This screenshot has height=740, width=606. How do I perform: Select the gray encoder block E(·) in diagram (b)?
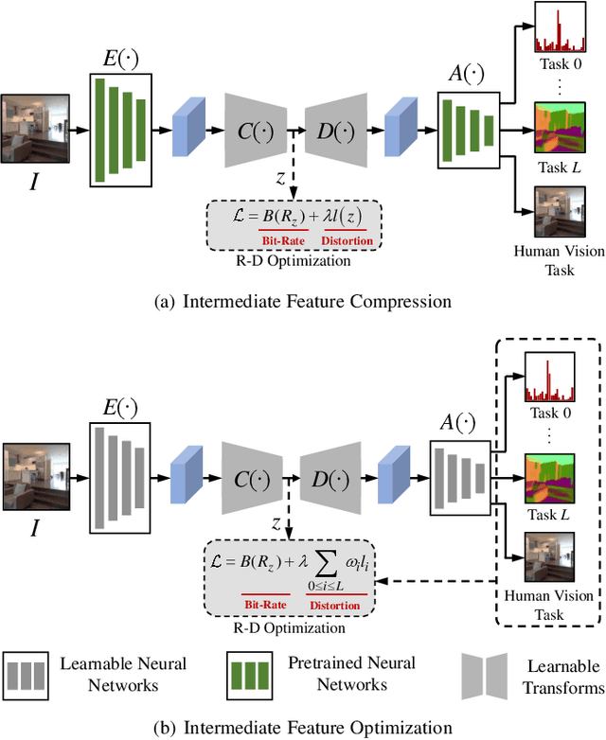point(118,476)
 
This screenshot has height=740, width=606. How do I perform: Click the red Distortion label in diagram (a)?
point(348,240)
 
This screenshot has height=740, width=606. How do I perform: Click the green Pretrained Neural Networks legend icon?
point(254,675)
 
